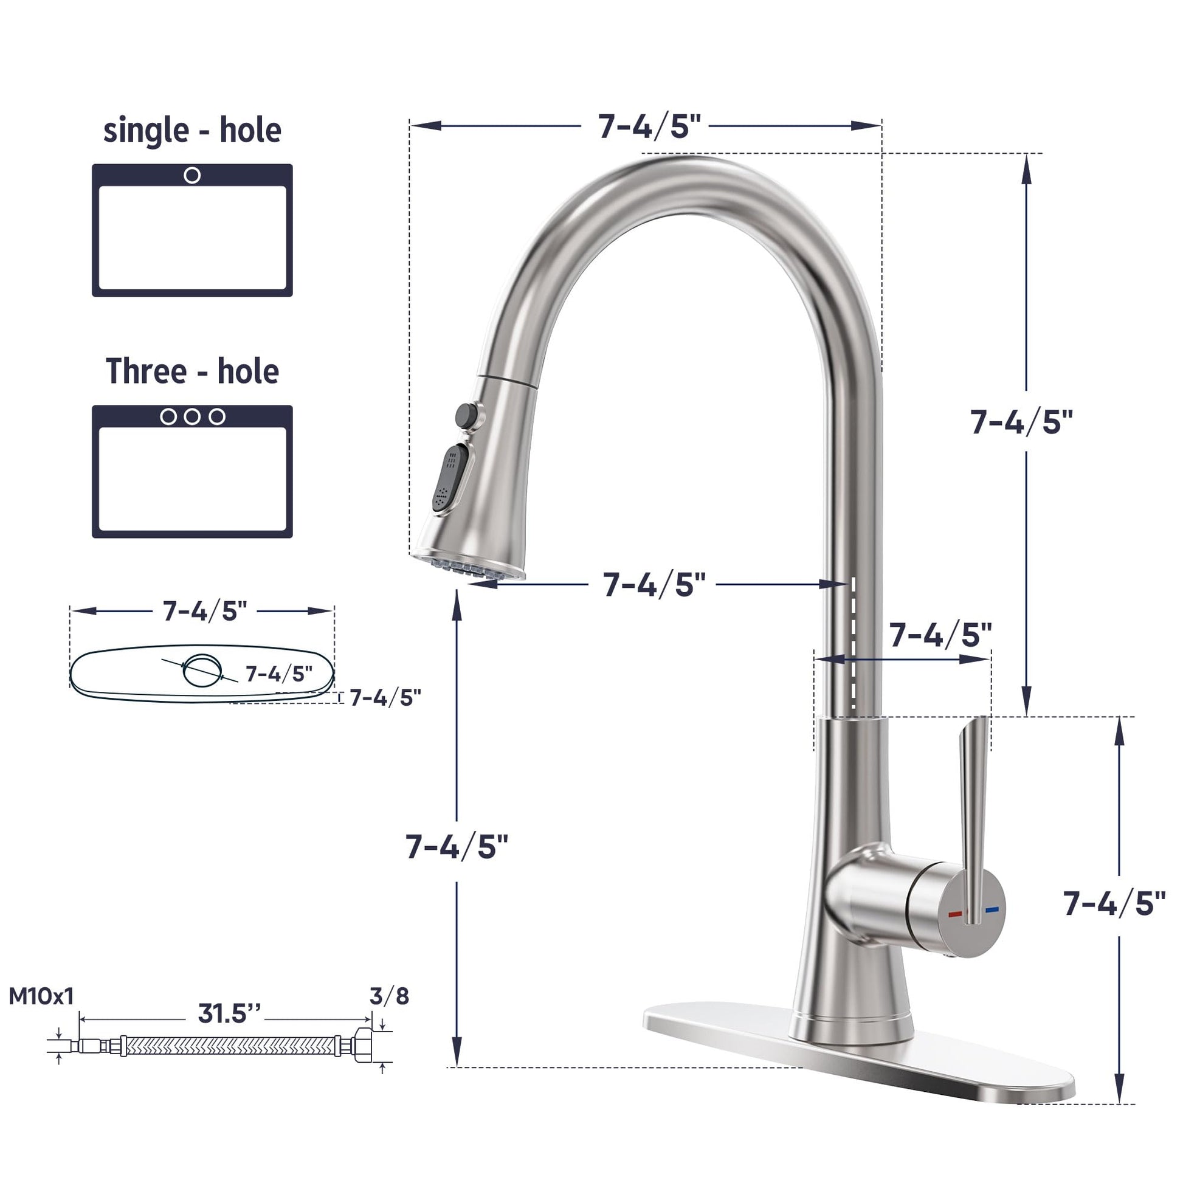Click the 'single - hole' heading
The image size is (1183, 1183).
192,131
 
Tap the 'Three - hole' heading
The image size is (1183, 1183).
192,371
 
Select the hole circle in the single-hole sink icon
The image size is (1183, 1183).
192,175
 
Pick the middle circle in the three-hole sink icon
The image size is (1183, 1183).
192,416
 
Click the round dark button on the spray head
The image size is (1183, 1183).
466,415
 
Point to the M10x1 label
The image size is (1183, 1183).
41,996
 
